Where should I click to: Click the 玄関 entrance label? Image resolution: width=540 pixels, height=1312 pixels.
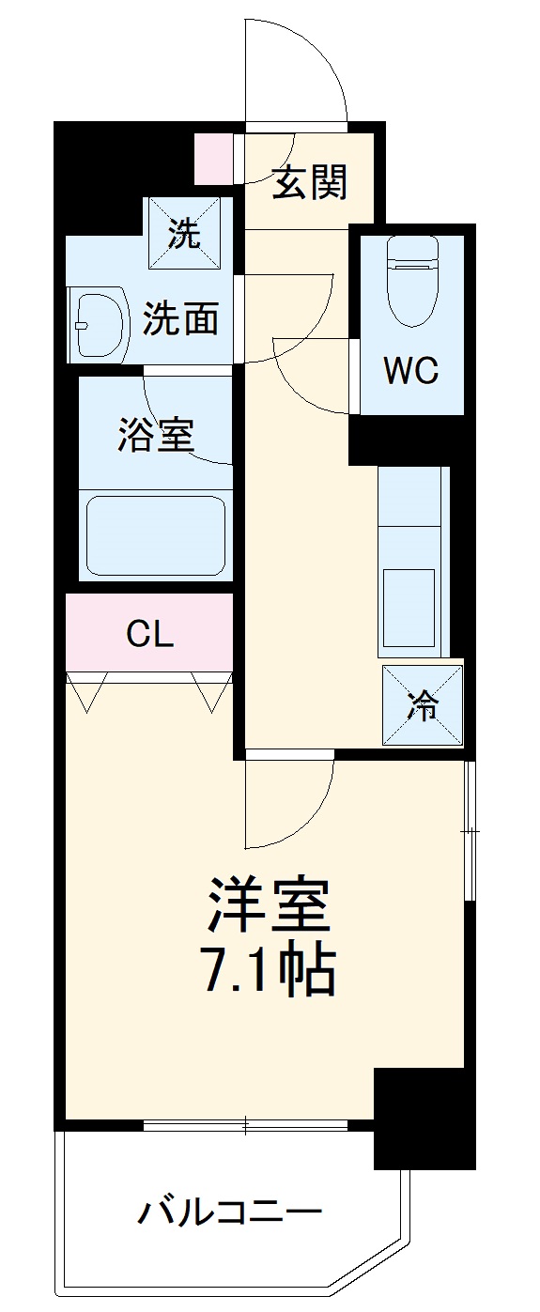click(x=310, y=181)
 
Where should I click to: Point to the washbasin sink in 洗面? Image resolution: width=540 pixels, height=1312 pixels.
click(x=100, y=325)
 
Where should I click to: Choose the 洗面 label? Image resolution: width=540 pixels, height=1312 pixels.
click(x=180, y=320)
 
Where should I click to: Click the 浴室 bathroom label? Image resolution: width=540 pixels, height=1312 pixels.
click(x=156, y=435)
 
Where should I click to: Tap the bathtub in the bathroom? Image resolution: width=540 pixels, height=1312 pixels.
click(x=156, y=535)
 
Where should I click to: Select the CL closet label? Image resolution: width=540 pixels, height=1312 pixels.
click(x=150, y=635)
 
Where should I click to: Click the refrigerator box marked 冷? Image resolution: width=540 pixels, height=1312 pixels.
click(x=423, y=705)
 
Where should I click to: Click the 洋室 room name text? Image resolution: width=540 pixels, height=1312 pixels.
click(x=269, y=904)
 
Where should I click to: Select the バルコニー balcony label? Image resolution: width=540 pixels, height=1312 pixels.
click(x=230, y=1211)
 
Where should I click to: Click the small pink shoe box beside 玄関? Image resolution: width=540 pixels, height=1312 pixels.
click(x=213, y=159)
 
